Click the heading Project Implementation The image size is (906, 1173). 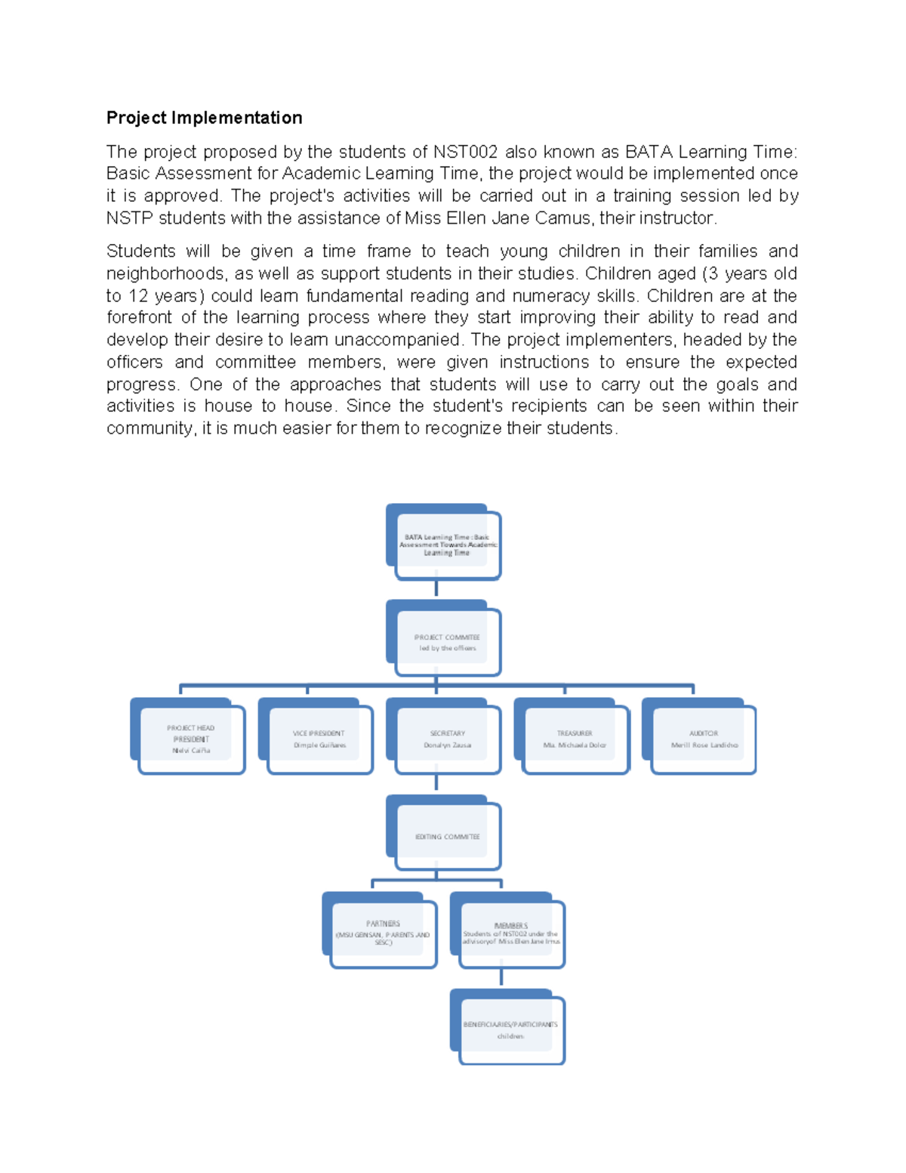(x=204, y=118)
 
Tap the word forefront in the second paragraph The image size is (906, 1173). (x=139, y=317)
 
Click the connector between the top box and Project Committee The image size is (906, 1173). (x=436, y=588)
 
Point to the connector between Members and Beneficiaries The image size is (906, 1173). (x=501, y=977)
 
